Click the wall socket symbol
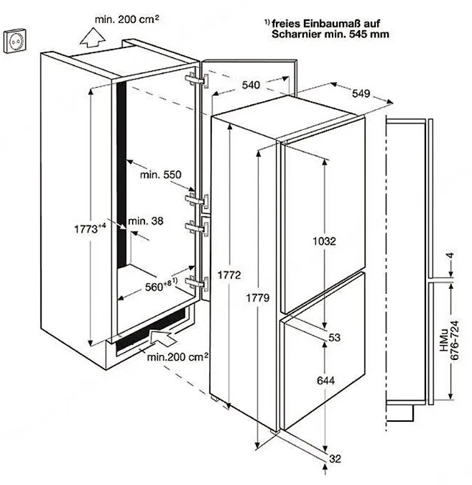pos(15,40)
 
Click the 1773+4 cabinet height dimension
pos(90,228)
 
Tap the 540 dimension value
pos(251,85)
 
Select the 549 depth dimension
pos(361,93)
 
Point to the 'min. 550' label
pos(160,175)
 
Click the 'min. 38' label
pos(146,221)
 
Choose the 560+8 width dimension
pos(161,286)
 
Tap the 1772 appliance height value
pos(229,275)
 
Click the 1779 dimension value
pos(258,298)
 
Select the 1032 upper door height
pos(324,241)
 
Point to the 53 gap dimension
pos(334,337)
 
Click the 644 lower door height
pos(325,380)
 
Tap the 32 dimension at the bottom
pos(335,458)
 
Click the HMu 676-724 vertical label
pos(450,341)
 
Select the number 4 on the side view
pos(450,256)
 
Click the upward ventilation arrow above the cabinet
pos(93,38)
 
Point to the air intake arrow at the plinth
pos(162,338)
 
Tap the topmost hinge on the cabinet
pos(197,80)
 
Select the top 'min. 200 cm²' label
pos(127,19)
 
